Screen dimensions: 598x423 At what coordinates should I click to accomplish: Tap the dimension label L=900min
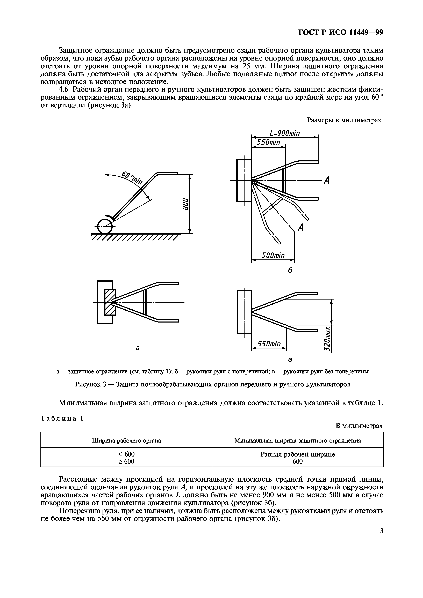[285, 133]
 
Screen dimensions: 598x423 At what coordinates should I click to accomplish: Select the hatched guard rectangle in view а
[110, 302]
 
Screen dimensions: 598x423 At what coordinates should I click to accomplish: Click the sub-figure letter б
[290, 270]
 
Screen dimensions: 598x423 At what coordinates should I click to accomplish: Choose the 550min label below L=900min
[268, 142]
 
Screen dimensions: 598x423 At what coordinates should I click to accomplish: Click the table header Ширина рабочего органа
[126, 440]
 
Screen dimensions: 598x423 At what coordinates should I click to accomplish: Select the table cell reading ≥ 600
[126, 461]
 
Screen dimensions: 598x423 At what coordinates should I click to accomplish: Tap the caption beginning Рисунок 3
[212, 384]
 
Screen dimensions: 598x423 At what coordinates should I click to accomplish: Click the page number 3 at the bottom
[382, 530]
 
